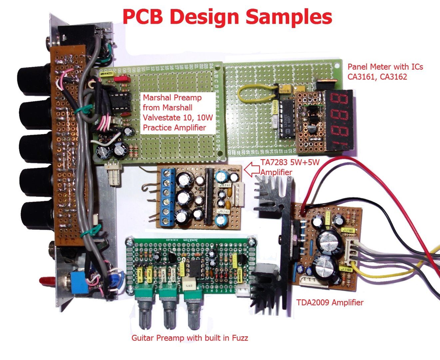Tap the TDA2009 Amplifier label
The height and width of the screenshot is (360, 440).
[329, 302]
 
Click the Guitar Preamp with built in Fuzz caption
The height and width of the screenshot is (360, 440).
[190, 338]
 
